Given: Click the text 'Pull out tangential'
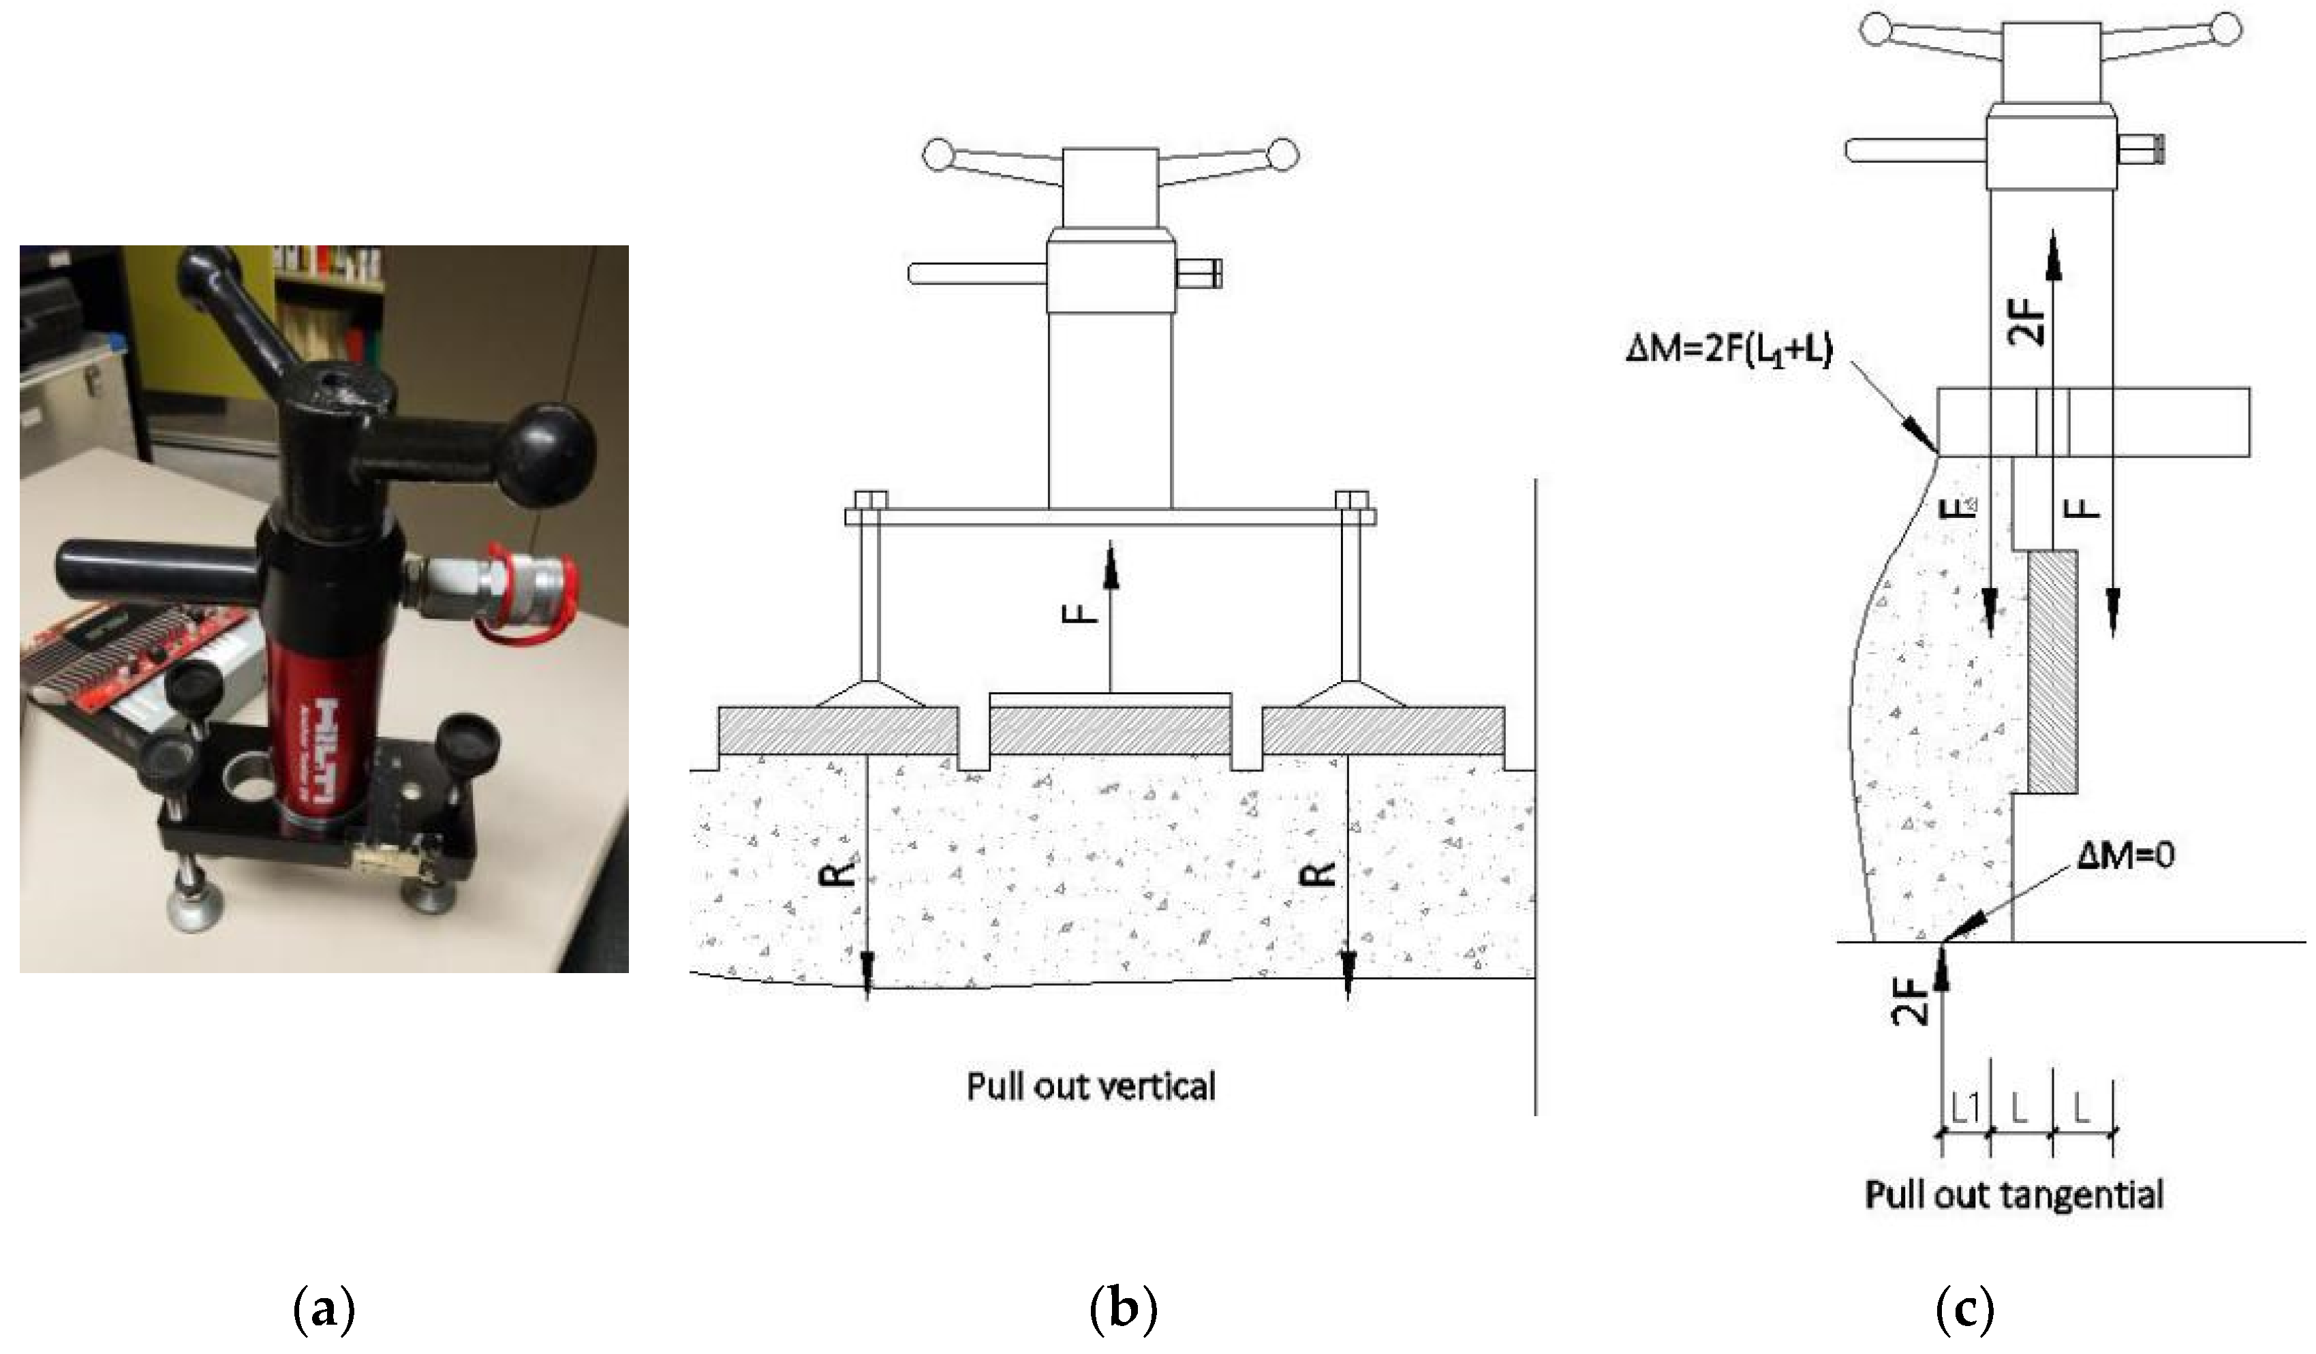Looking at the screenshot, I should coord(2013,1196).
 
